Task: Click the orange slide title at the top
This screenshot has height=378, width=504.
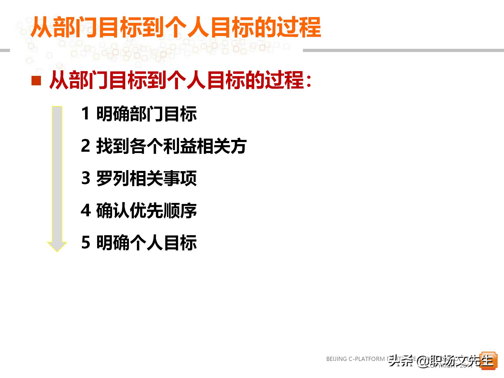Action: coord(176,27)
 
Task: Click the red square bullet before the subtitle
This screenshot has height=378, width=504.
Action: coord(36,81)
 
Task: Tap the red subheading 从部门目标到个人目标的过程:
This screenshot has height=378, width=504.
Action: coord(181,80)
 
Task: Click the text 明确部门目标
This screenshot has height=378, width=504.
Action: coord(146,114)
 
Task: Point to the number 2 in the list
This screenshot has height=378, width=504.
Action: coord(86,146)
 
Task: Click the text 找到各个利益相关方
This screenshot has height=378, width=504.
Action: coord(171,146)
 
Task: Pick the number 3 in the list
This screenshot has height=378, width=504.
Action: coord(86,178)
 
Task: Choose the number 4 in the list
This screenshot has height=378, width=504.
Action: coord(86,211)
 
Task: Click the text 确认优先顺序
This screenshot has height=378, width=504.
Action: coord(146,211)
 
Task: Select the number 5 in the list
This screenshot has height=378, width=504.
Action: coord(86,243)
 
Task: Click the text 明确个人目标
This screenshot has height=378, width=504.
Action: coord(146,243)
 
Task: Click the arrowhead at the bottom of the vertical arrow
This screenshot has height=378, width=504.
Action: coord(57,246)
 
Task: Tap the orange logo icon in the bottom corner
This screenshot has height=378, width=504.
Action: coord(489,361)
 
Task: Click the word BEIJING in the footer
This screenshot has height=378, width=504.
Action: coord(336,359)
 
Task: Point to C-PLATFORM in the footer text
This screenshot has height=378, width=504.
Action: coord(366,359)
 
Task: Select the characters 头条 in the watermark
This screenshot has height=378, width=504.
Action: coord(401,361)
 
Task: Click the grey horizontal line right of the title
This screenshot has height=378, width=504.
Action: coord(403,50)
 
